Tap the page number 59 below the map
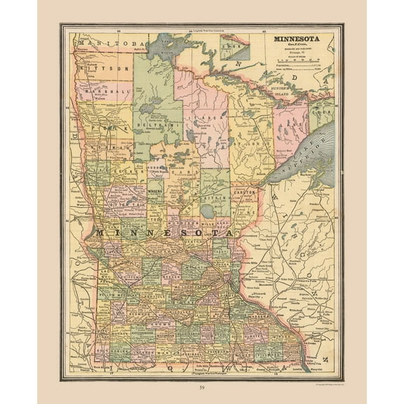(202, 387)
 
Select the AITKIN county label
(212, 200)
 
